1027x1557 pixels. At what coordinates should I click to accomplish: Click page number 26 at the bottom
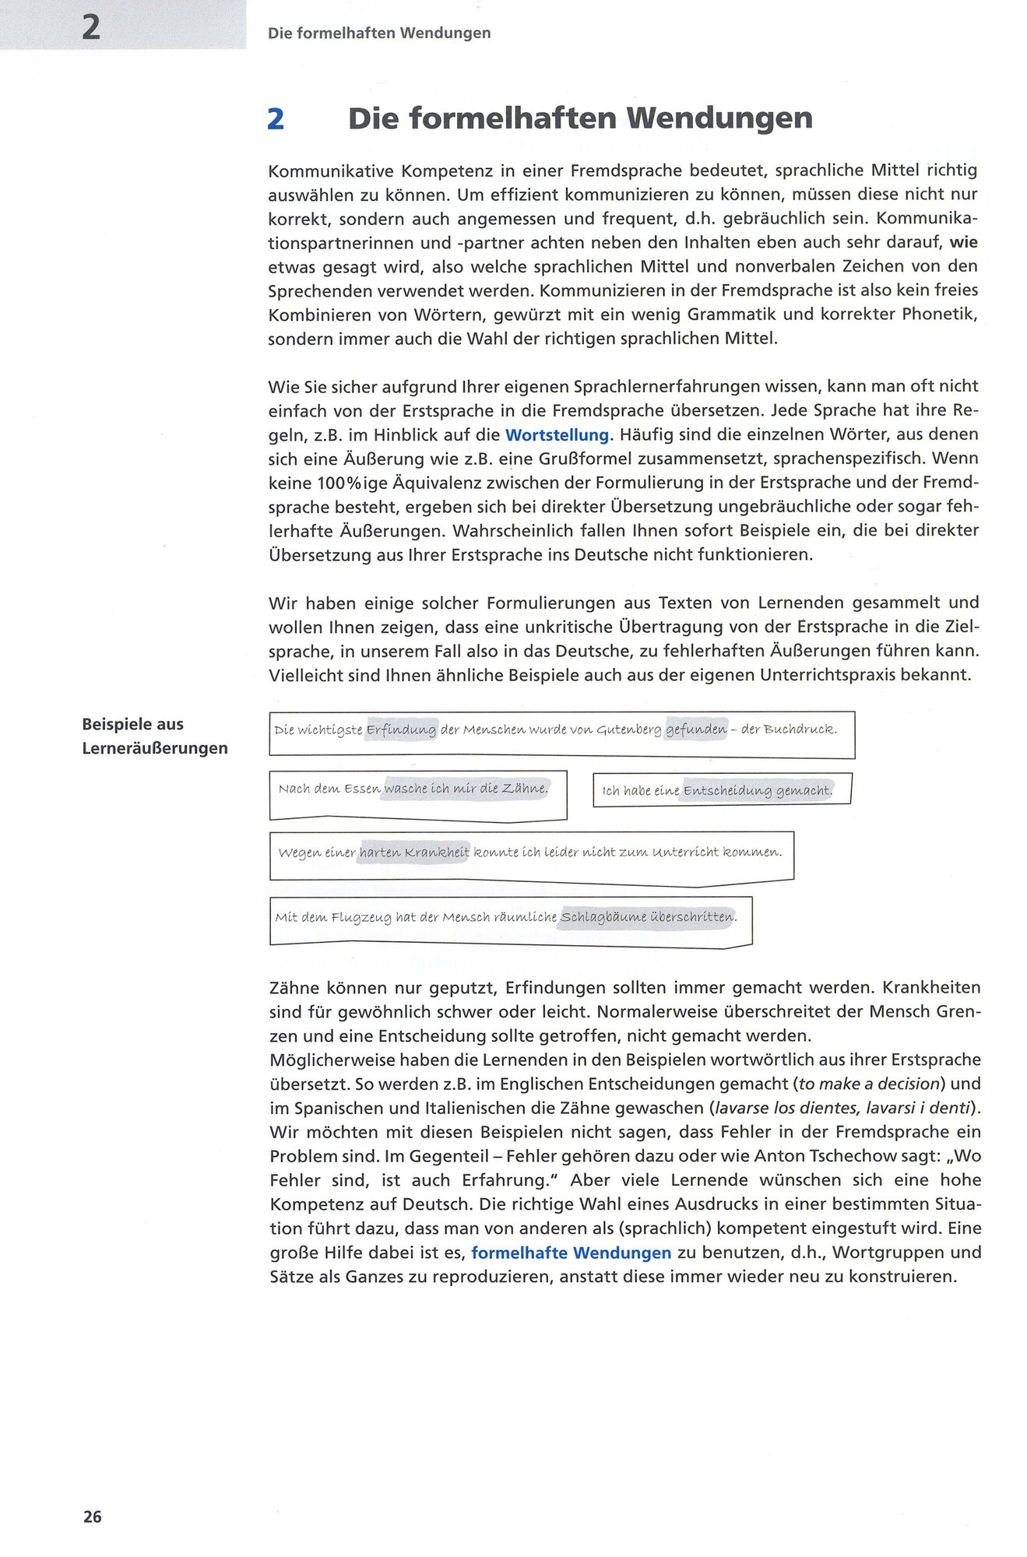coord(92,1517)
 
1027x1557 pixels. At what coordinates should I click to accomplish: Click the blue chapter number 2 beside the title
coord(275,119)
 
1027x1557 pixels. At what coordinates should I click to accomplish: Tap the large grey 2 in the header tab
coord(91,28)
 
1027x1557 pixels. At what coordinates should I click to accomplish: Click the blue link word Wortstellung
coord(557,435)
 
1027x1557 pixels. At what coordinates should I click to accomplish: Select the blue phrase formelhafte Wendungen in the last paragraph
coord(571,1253)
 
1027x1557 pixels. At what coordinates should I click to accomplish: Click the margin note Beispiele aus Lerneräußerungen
coord(155,736)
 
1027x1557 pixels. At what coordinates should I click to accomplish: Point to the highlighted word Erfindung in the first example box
coord(401,730)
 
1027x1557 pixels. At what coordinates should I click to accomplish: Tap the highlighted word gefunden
coord(695,729)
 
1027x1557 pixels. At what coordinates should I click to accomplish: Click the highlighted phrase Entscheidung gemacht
coord(757,791)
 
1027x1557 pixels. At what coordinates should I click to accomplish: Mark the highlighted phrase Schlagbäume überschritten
coord(648,917)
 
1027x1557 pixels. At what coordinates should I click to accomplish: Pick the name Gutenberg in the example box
coord(628,730)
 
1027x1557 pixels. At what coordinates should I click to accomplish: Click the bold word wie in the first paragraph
coord(963,242)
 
